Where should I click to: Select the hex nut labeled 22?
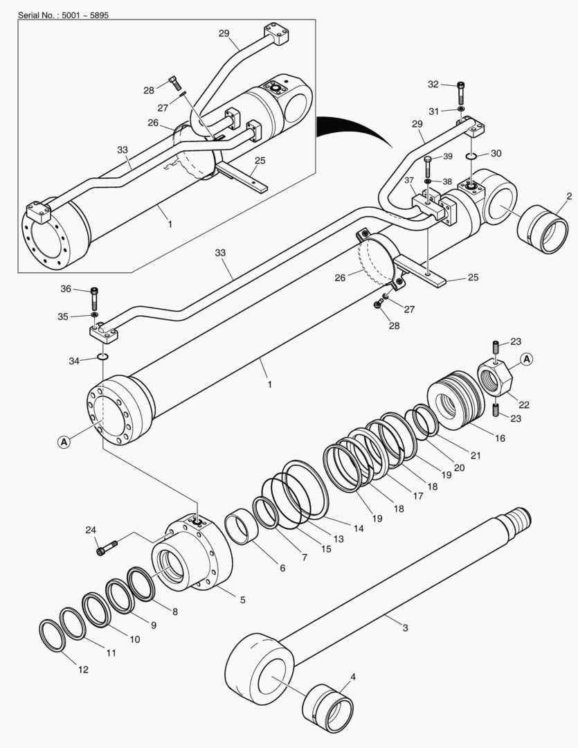(495, 378)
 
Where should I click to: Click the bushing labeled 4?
(329, 707)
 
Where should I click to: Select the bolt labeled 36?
(95, 299)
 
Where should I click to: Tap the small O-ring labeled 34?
(102, 357)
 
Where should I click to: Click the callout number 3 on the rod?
(406, 628)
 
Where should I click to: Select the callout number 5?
(242, 600)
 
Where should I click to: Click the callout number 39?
(448, 156)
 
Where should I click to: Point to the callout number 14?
(358, 528)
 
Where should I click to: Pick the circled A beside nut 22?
(527, 359)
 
